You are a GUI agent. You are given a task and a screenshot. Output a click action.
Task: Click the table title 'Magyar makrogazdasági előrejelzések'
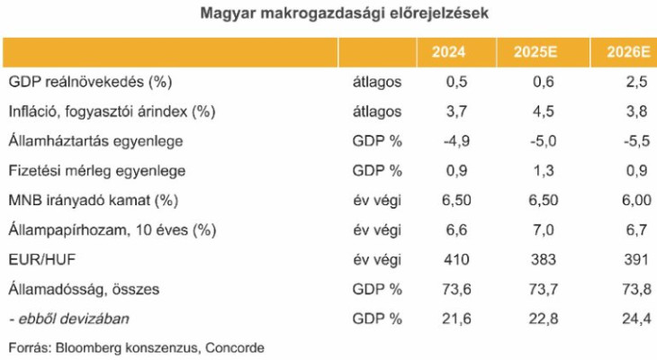click(327, 14)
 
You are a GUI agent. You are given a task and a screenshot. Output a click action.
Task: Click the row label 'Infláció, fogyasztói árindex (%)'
click(113, 112)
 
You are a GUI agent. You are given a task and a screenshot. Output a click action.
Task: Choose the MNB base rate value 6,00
click(631, 200)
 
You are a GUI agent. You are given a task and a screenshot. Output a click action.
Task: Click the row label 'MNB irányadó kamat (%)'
click(89, 200)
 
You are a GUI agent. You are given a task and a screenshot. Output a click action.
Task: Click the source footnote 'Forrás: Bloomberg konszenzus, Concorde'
click(136, 346)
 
